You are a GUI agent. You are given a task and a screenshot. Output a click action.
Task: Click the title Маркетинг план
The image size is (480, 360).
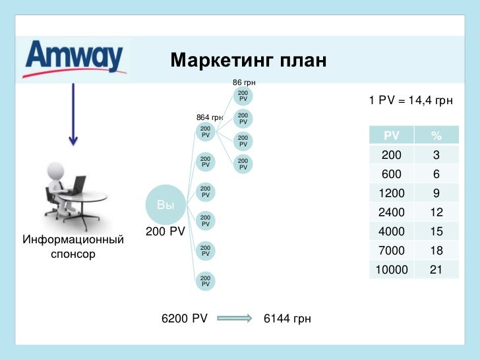[x=249, y=61]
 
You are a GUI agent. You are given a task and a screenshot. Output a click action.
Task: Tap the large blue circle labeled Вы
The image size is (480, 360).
[x=165, y=205]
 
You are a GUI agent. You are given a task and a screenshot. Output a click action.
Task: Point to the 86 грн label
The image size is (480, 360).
[x=244, y=82]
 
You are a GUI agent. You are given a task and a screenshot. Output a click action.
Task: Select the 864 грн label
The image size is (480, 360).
[x=210, y=117]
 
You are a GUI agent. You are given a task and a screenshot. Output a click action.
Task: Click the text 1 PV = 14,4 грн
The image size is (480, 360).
[x=411, y=101]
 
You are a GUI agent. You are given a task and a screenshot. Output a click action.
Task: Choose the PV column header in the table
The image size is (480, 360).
[x=392, y=136]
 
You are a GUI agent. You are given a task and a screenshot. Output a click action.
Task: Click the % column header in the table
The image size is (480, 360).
[x=436, y=136]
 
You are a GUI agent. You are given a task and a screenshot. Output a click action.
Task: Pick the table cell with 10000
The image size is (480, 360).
[x=392, y=270]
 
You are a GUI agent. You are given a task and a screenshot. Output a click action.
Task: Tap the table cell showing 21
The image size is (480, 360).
[x=436, y=270]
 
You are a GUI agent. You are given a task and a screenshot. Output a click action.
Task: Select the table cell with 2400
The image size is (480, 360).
[x=392, y=212]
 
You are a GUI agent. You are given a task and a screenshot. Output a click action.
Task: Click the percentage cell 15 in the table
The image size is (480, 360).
[x=436, y=231]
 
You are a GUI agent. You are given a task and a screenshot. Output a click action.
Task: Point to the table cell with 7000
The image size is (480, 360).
[x=392, y=251]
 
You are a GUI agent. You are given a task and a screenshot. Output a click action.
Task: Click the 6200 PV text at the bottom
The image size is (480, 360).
[x=185, y=318]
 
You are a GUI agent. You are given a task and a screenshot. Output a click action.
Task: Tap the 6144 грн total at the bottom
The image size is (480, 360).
[x=287, y=318]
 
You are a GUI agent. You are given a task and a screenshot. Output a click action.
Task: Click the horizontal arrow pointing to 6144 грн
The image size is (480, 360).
[x=235, y=318]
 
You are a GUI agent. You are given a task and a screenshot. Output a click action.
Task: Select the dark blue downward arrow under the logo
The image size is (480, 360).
[x=73, y=115]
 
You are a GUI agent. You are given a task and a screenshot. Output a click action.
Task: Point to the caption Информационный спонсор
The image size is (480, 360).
[x=73, y=246]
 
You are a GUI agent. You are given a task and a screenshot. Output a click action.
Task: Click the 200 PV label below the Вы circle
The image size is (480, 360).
[x=165, y=231]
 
